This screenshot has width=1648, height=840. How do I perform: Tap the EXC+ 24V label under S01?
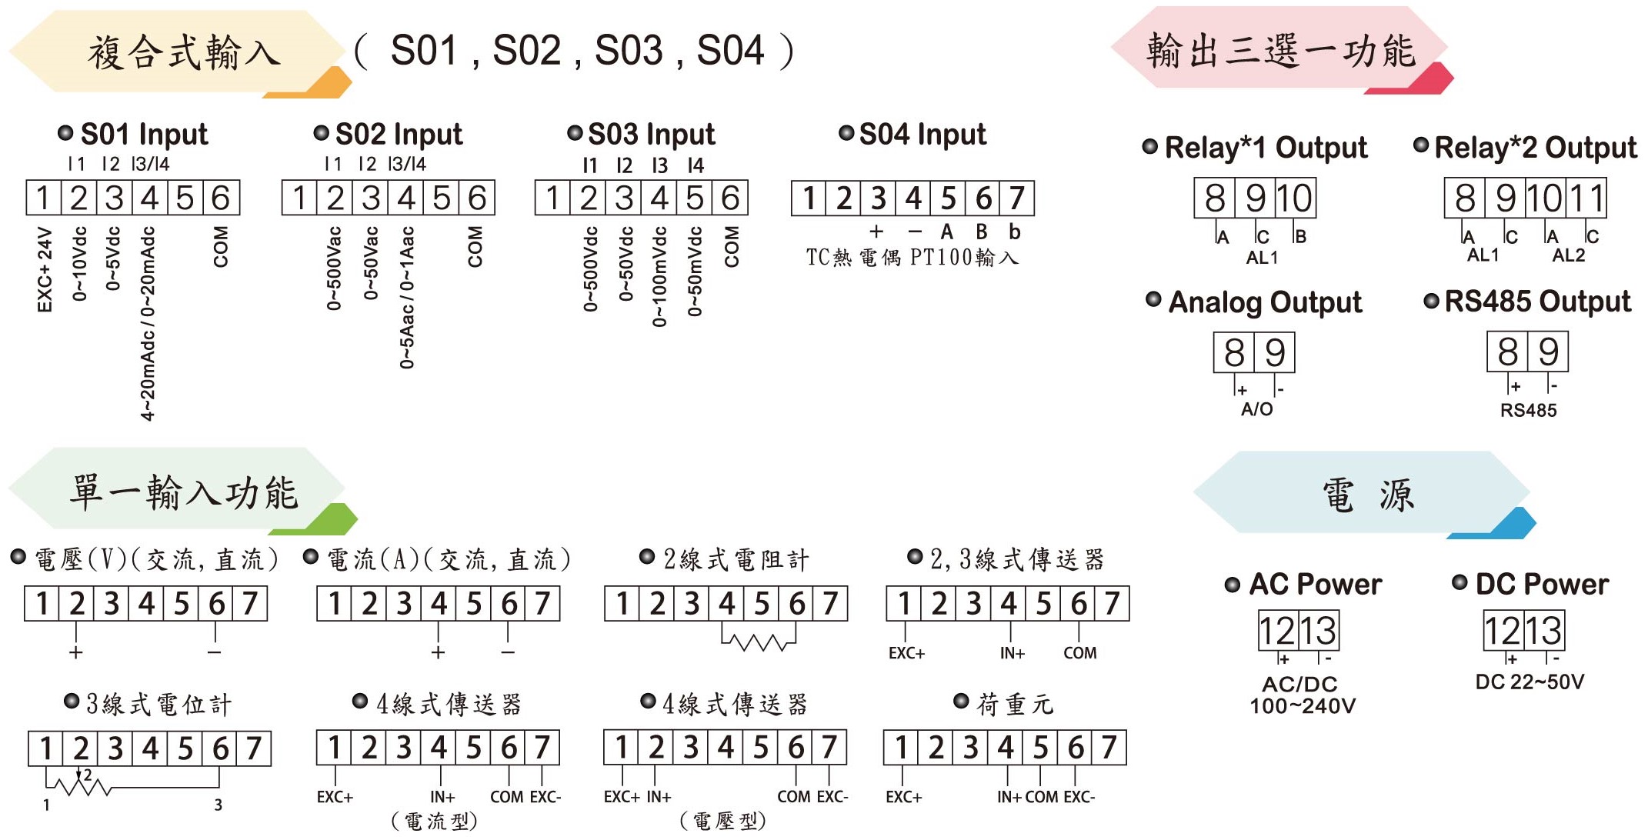tap(45, 269)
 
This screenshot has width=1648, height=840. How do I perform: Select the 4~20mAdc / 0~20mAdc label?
tap(148, 323)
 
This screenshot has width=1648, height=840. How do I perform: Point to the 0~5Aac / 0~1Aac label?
tap(407, 297)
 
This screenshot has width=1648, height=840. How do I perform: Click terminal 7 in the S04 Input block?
tap(1016, 198)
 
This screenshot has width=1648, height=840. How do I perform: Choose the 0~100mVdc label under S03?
tap(659, 276)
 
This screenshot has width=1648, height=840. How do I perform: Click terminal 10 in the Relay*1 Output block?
tap(1295, 198)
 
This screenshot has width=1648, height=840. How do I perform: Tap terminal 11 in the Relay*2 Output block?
tap(1586, 198)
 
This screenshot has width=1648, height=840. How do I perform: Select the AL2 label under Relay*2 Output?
tap(1569, 255)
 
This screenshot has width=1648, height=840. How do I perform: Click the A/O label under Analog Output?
tap(1256, 409)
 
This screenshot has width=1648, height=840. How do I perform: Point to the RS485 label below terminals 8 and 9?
tap(1528, 410)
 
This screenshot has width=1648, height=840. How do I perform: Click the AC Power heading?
tap(1315, 585)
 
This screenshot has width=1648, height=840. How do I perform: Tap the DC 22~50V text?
tap(1530, 682)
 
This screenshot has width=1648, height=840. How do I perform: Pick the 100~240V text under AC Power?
tap(1303, 705)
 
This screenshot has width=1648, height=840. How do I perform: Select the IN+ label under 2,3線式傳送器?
tap(1012, 653)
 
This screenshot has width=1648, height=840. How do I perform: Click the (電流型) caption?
tap(435, 822)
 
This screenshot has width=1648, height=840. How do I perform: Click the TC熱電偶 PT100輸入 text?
tap(912, 257)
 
